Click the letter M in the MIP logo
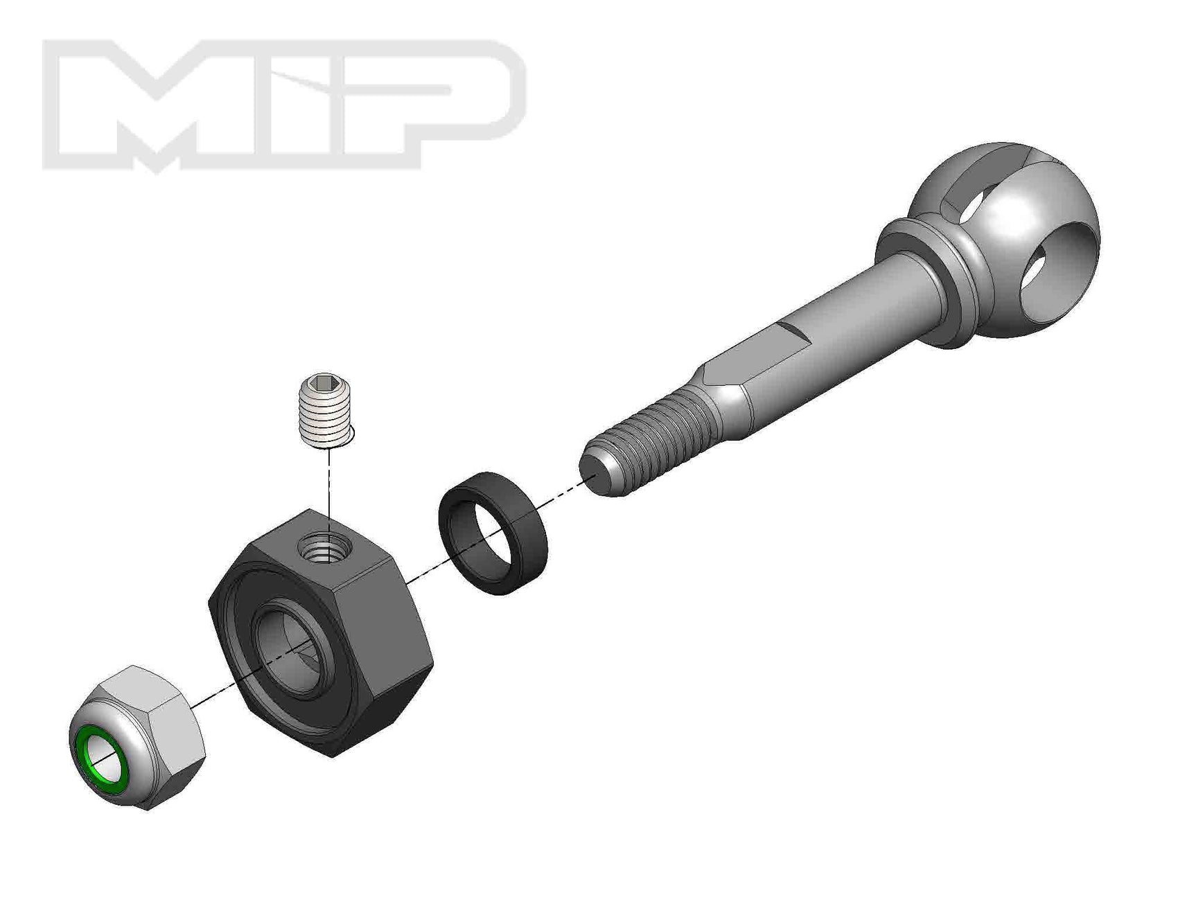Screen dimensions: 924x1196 pyautogui.click(x=173, y=104)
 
